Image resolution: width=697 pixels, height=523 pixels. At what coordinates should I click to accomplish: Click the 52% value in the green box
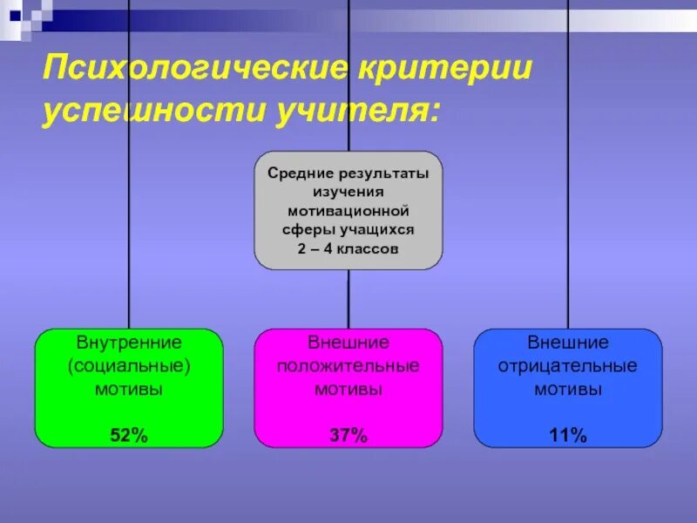click(x=128, y=436)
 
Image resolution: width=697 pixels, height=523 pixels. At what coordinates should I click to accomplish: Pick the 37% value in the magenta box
click(x=348, y=436)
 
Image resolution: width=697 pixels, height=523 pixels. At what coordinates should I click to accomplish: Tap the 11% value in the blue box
click(x=567, y=436)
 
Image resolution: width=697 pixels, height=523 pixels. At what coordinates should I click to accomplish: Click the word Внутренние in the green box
click(x=128, y=343)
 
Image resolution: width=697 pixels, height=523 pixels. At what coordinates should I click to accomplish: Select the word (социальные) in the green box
click(x=128, y=366)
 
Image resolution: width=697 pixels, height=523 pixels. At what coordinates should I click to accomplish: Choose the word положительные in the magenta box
click(x=348, y=366)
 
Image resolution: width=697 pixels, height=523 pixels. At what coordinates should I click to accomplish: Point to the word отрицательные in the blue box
click(x=567, y=366)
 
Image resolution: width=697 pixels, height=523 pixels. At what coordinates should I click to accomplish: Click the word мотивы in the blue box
click(x=567, y=390)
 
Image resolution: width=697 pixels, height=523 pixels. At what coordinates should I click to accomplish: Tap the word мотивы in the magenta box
click(x=348, y=390)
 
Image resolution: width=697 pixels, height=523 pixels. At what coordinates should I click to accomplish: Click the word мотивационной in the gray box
click(x=348, y=211)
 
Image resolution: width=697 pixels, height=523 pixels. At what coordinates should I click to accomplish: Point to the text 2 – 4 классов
click(x=348, y=248)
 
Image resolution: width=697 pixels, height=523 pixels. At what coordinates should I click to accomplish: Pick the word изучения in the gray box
click(x=348, y=192)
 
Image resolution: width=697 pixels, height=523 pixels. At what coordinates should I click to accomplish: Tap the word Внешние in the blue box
click(x=567, y=343)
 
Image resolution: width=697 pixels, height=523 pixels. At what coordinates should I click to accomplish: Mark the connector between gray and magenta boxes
click(x=348, y=299)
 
